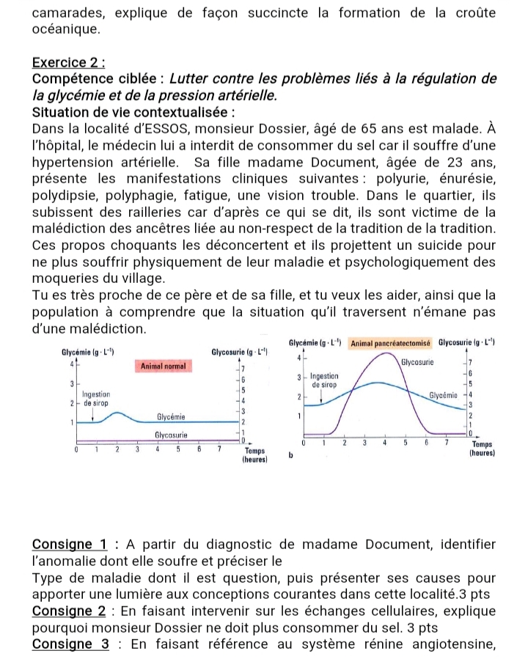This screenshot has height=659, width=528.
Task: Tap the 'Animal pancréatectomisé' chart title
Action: click(x=391, y=342)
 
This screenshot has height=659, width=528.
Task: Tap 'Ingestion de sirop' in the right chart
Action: click(x=323, y=380)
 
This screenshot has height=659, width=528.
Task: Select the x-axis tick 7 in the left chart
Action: click(x=219, y=449)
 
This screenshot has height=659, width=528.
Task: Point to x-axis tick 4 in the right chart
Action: click(x=385, y=443)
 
